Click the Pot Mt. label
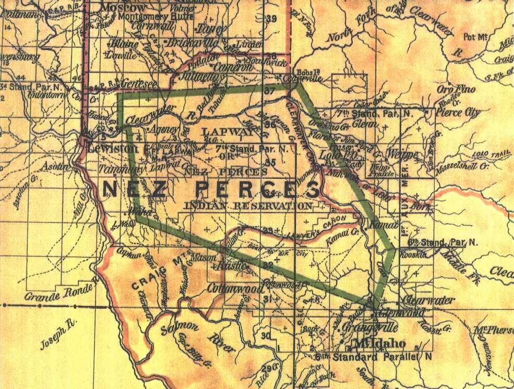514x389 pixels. [476, 36]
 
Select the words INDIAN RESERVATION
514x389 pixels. [249, 205]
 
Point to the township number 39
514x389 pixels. [271, 19]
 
